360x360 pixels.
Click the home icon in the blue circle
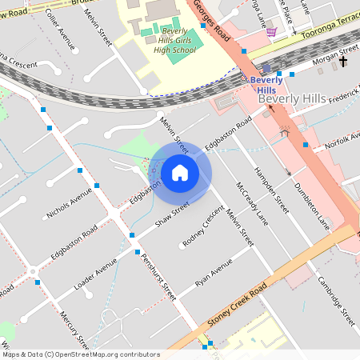point(180,172)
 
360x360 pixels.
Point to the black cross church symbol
point(344,61)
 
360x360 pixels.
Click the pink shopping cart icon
point(272,31)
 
